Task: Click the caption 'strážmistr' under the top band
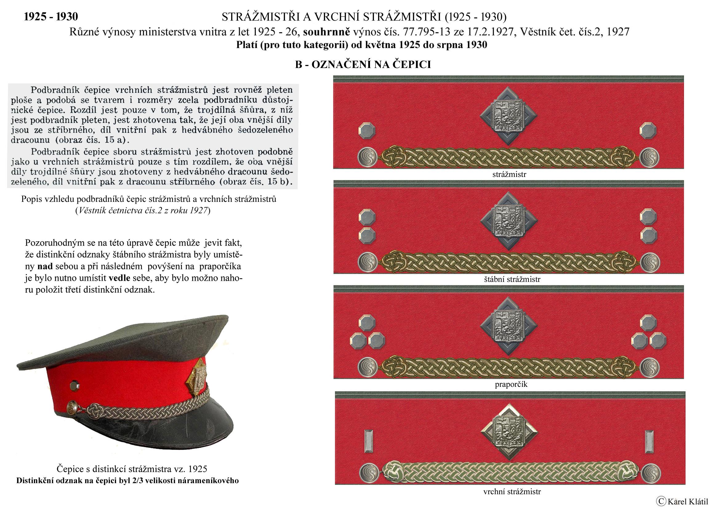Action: point(509,174)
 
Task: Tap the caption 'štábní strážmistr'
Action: point(512,279)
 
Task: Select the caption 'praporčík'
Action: point(511,384)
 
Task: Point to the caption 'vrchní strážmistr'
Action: point(512,491)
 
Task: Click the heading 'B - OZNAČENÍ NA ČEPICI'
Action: point(363,65)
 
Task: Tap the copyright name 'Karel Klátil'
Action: point(684,502)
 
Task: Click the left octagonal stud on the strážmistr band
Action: point(367,130)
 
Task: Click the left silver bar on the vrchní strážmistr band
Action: point(368,441)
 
